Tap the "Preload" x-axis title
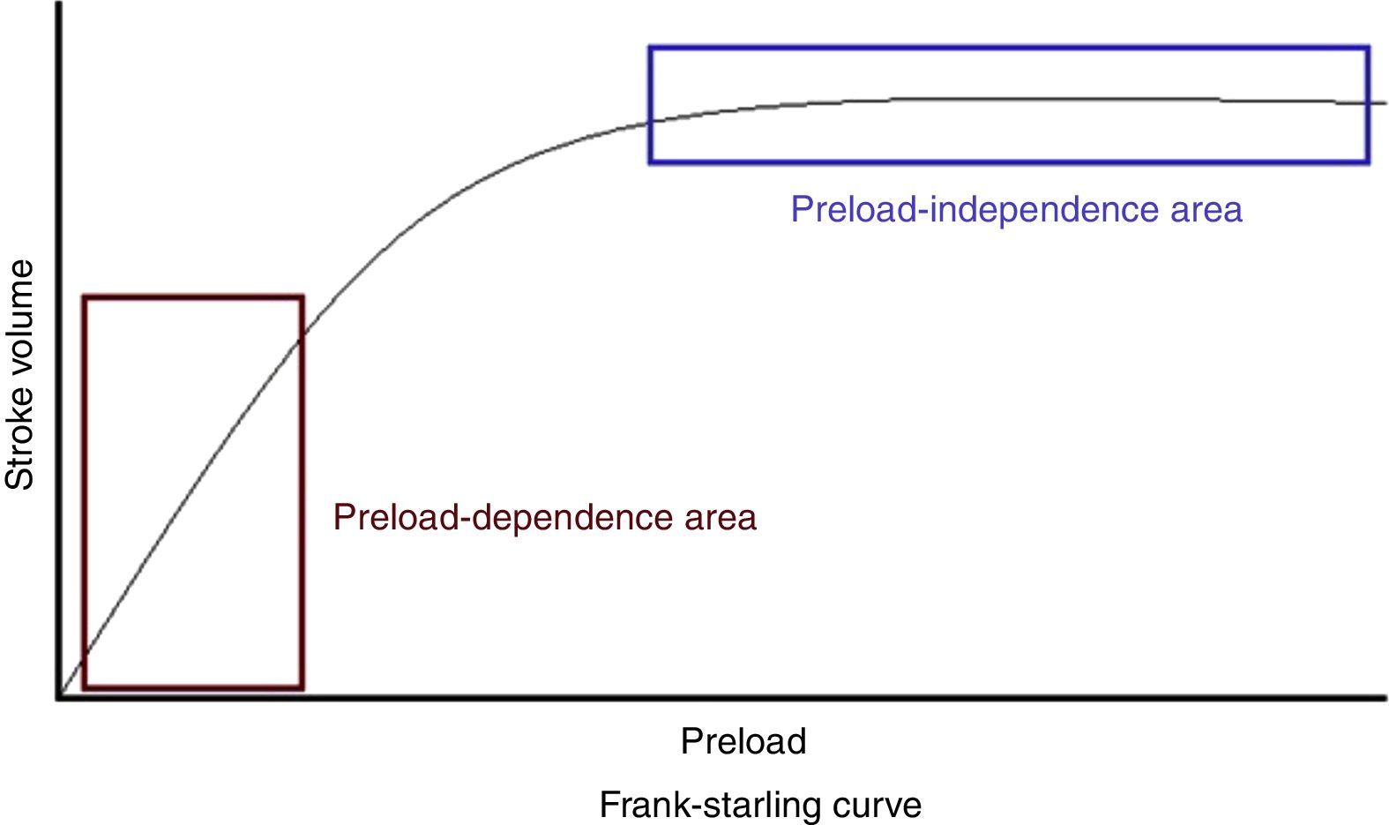[x=743, y=741]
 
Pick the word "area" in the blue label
[x=1206, y=210]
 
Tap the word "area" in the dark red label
[x=721, y=517]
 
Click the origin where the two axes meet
[x=59, y=698]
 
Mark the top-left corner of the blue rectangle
[x=650, y=48]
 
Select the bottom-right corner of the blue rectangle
[x=1368, y=162]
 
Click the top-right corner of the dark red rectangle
[x=302, y=297]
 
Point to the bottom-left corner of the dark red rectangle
[x=85, y=687]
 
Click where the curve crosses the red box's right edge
[x=302, y=335]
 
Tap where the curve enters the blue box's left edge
[x=650, y=123]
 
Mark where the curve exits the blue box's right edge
[x=1368, y=103]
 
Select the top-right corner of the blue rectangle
[x=1368, y=48]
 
